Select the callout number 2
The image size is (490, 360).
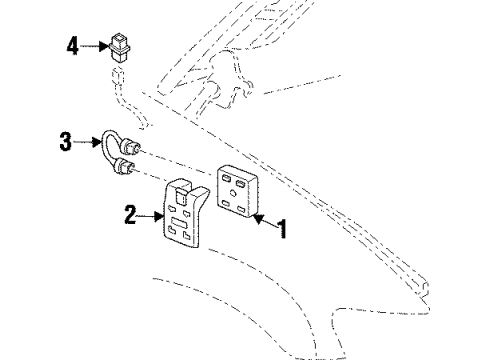click(x=128, y=213)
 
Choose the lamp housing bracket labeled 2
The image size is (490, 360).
click(x=185, y=216)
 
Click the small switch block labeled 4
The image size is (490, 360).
click(x=123, y=48)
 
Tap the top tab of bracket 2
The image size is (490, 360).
click(x=180, y=184)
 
